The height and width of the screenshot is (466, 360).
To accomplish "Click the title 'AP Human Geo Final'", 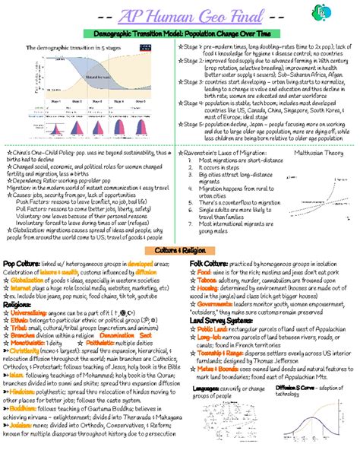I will [179, 16].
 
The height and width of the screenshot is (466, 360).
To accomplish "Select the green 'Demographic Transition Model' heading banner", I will [179, 36].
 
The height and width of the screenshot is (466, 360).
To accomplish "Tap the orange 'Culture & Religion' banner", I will [179, 250].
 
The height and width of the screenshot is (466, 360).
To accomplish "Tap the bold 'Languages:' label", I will [207, 409].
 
